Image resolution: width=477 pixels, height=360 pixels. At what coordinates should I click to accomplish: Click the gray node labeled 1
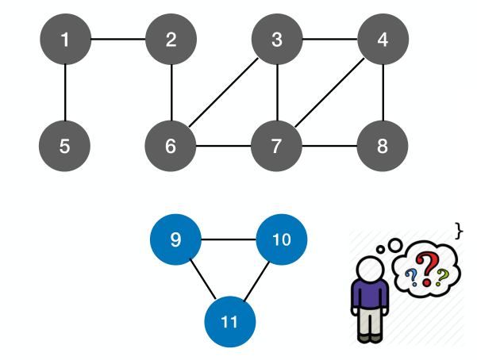click(x=64, y=40)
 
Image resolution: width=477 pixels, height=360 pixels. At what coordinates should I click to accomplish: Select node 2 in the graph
click(x=171, y=40)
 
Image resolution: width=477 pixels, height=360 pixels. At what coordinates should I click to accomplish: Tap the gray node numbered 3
click(x=277, y=40)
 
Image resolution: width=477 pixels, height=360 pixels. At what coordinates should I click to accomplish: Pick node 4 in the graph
click(x=383, y=40)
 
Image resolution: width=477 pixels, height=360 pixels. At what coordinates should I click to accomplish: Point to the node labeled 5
click(x=64, y=146)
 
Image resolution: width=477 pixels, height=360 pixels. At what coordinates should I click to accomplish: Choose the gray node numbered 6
click(x=171, y=146)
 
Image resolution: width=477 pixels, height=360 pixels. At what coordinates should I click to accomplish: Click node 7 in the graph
click(x=277, y=146)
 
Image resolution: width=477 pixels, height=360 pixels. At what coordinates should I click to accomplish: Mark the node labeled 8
click(x=383, y=146)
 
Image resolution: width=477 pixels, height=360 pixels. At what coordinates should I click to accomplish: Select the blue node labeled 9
click(x=175, y=239)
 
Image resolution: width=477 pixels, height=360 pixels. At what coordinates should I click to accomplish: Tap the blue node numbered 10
click(x=282, y=239)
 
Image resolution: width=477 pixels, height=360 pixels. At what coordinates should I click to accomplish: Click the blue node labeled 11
click(x=229, y=321)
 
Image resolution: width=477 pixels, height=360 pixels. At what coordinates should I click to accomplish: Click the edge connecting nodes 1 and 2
click(x=117, y=40)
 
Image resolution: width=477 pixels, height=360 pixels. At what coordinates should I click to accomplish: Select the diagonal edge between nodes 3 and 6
click(x=224, y=94)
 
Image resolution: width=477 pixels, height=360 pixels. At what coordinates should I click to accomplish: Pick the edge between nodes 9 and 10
click(x=229, y=239)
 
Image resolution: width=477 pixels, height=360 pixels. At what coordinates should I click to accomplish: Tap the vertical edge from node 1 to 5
click(x=64, y=94)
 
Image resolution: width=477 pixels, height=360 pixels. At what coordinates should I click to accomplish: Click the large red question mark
click(x=429, y=268)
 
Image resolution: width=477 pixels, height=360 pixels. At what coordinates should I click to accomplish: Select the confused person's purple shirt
click(x=369, y=294)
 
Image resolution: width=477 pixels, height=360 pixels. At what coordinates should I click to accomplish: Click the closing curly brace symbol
click(x=459, y=230)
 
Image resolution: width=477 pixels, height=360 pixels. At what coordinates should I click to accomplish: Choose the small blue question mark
click(x=411, y=277)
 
